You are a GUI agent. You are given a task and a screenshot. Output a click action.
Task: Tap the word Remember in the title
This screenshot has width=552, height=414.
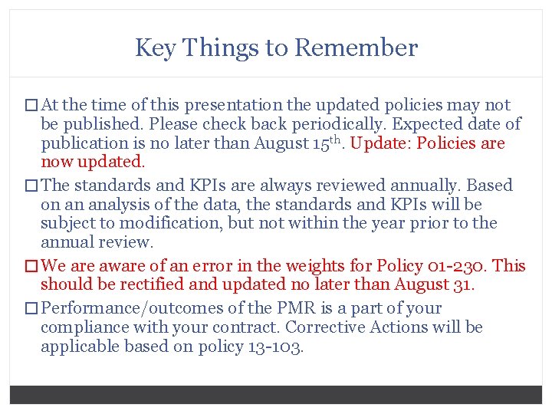pyautogui.click(x=356, y=48)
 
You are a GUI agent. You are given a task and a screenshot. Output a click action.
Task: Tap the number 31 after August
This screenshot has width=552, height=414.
pyautogui.click(x=465, y=284)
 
